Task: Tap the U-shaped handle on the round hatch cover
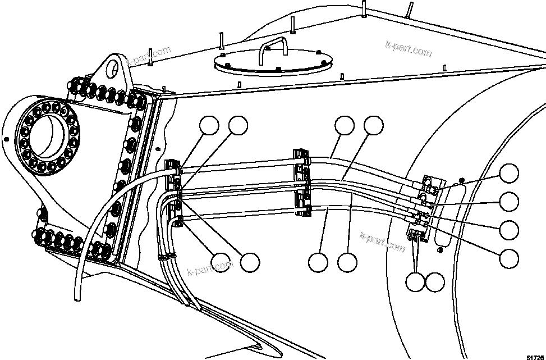point(273,50)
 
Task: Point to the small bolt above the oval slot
point(460,180)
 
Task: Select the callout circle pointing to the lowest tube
point(318,262)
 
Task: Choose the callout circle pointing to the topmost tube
point(345,126)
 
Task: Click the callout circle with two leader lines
point(416,282)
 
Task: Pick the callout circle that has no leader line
point(435,282)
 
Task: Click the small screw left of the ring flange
point(6,139)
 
